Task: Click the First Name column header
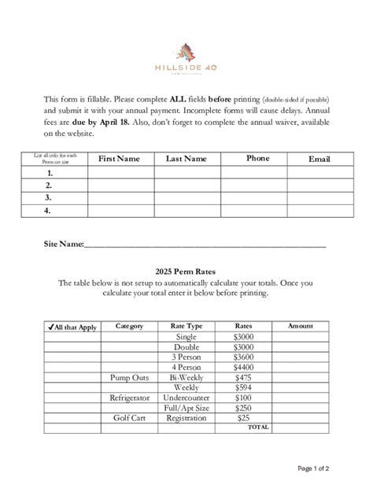point(119,159)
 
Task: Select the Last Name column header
point(186,159)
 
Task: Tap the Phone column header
point(257,158)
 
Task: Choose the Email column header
point(319,159)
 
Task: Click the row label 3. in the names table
point(49,198)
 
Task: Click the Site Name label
point(63,245)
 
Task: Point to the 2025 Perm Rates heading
point(186,271)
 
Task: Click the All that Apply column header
point(72,327)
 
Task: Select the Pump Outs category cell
point(128,377)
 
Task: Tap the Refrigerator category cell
point(128,398)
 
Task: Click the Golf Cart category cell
point(128,418)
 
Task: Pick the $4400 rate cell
point(244,367)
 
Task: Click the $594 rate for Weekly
point(244,387)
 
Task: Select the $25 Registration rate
point(244,418)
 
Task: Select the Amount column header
point(301,326)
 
